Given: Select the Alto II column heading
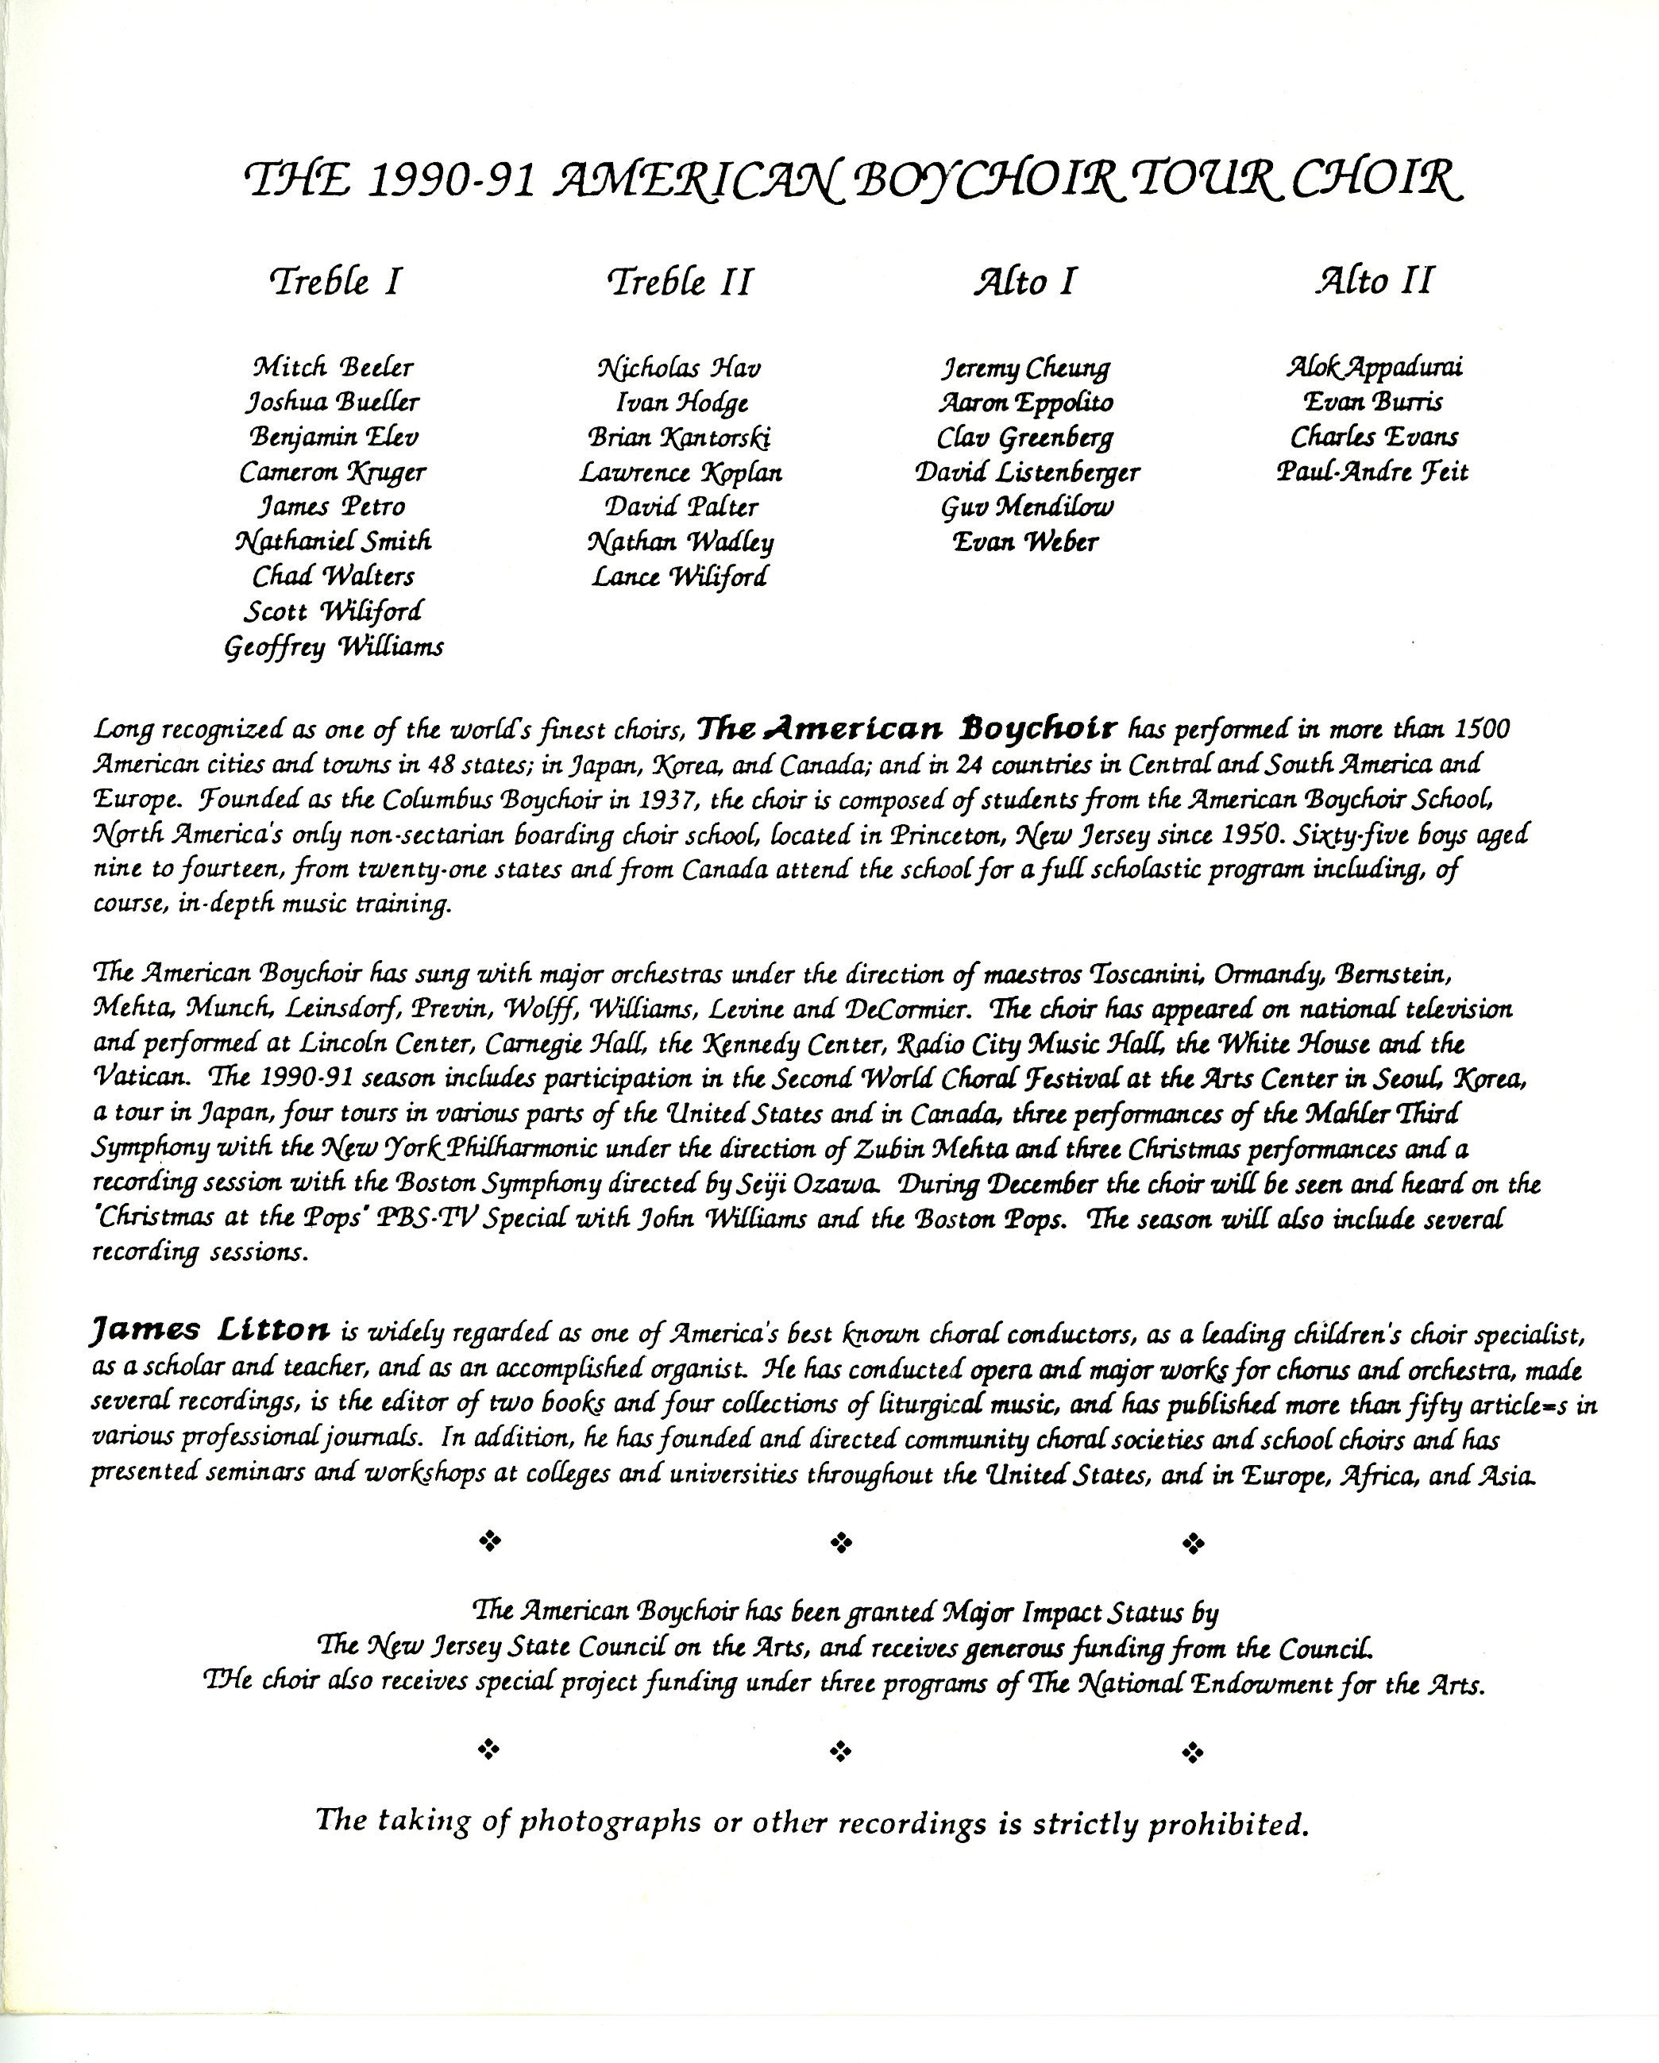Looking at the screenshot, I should [1375, 281].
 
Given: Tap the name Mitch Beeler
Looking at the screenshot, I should [333, 368].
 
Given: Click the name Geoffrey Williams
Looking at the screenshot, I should [334, 648].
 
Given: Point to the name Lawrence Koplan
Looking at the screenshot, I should [681, 472].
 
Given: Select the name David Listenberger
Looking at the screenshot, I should [1027, 472].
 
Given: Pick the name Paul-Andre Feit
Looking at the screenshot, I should [1372, 472].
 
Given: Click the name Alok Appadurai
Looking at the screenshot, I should [1374, 368].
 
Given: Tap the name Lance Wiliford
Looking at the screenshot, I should [679, 577].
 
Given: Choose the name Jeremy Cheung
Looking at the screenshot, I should [1025, 368].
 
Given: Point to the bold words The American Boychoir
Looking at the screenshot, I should [907, 729].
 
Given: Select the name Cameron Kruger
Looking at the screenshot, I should [333, 472].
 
